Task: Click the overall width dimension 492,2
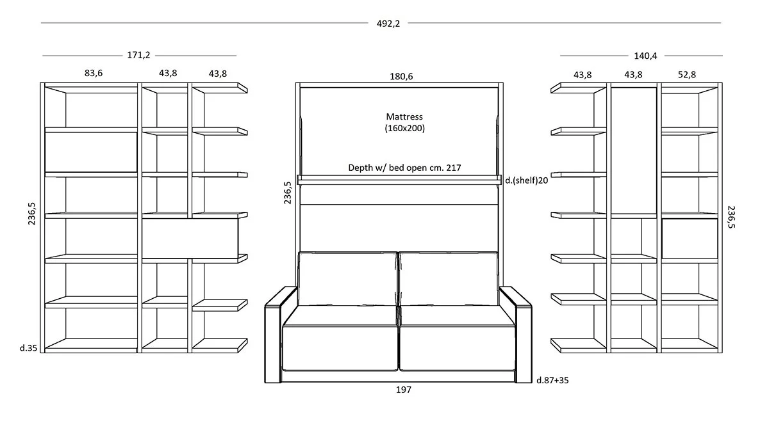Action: (x=388, y=24)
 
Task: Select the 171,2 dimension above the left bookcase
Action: (x=138, y=55)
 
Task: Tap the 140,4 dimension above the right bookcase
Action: (x=645, y=56)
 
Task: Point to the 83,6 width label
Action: (x=94, y=73)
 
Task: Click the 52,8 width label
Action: (x=686, y=75)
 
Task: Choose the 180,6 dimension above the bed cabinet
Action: (x=401, y=77)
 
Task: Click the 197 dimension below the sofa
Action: (x=403, y=390)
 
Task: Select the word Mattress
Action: (x=404, y=116)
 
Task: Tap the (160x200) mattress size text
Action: (x=404, y=128)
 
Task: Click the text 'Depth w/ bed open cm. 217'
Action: (x=404, y=168)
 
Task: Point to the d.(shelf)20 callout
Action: (x=526, y=180)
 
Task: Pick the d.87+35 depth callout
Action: (x=552, y=380)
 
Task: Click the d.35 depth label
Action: (x=28, y=348)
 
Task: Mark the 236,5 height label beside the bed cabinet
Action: (x=287, y=193)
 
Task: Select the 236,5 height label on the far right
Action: (x=731, y=217)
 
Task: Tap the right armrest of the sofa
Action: (x=516, y=335)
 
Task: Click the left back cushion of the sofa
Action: (x=348, y=278)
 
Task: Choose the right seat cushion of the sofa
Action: (x=458, y=348)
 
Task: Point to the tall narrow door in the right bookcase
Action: (x=634, y=150)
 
